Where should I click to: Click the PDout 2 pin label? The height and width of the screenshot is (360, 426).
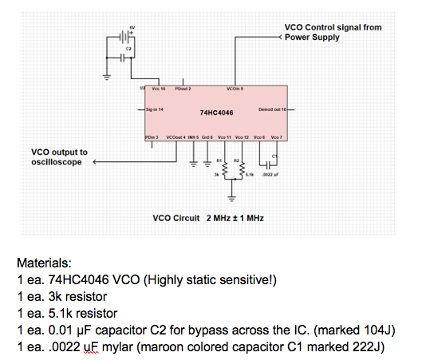184,88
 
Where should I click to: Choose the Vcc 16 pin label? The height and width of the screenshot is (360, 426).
156,88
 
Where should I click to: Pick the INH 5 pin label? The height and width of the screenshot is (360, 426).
193,137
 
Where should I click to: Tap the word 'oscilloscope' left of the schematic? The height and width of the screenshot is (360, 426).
57,161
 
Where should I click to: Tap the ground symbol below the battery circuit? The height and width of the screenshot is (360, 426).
104,78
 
